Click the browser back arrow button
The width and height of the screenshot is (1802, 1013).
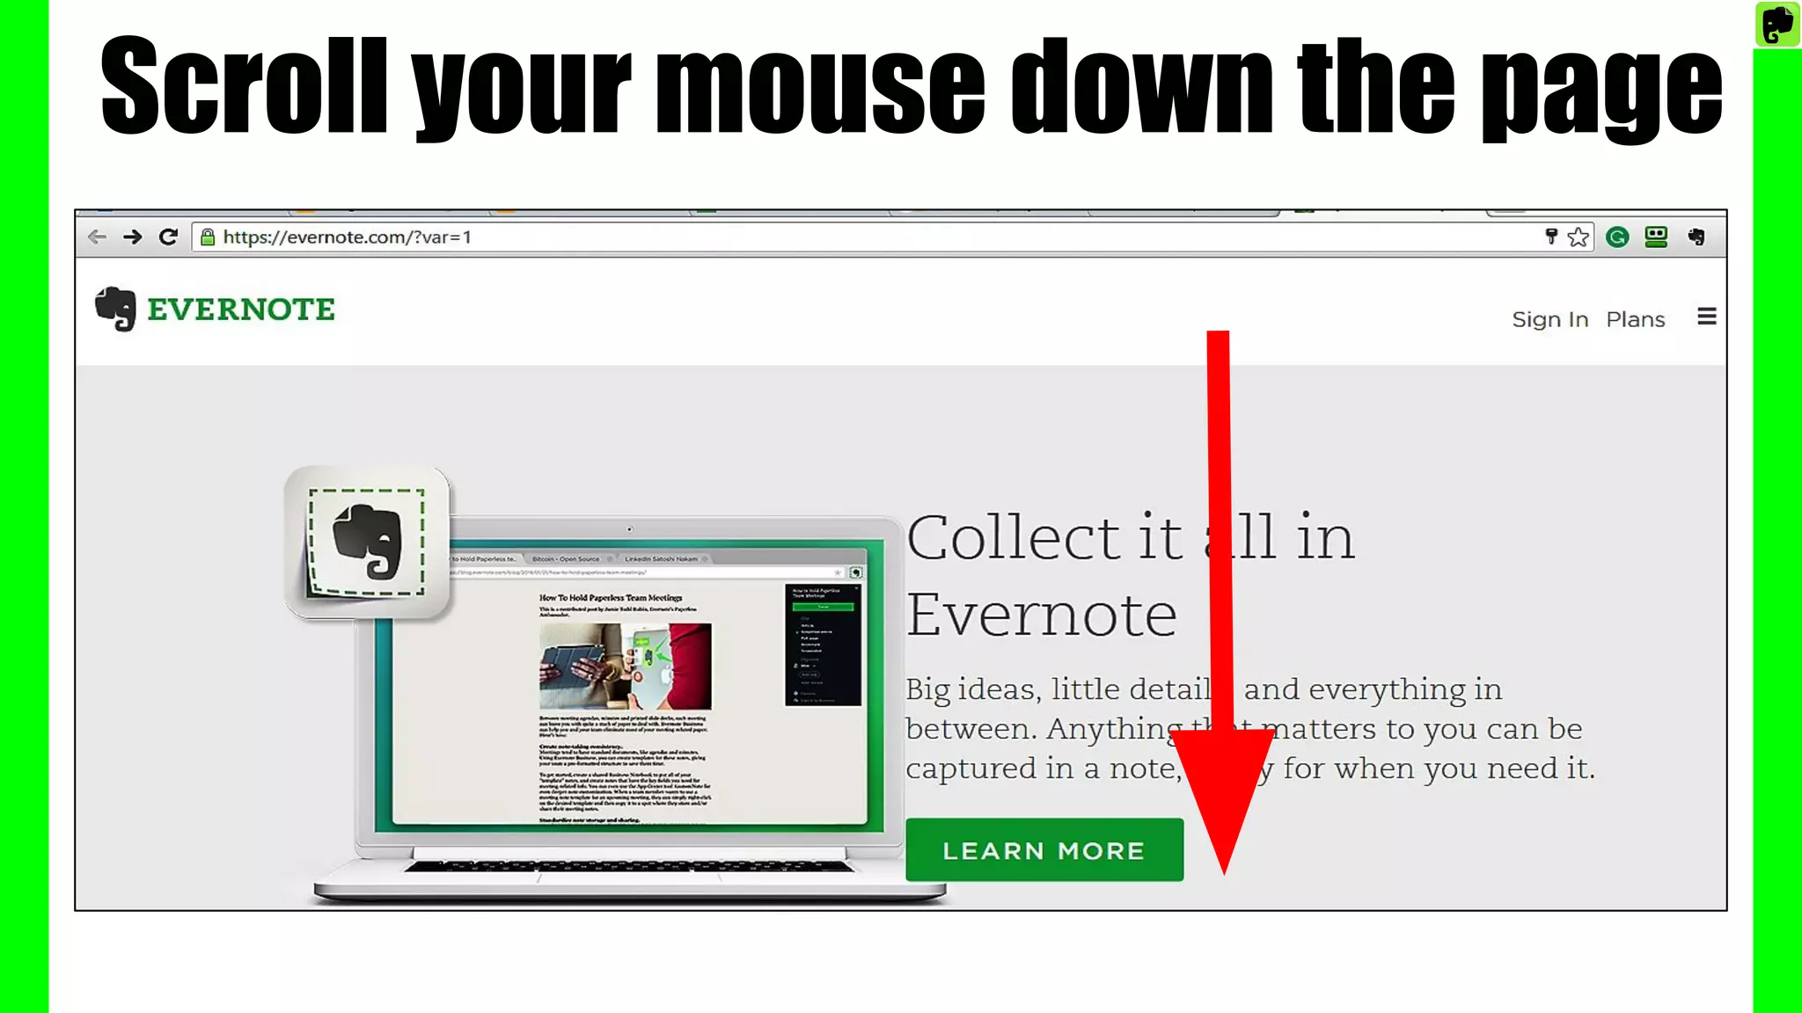pos(97,237)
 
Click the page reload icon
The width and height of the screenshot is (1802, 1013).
pos(168,237)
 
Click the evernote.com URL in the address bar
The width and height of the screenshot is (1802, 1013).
pos(347,237)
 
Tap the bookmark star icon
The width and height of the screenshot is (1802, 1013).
pos(1579,237)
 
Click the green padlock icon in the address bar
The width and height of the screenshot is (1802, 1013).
pos(208,237)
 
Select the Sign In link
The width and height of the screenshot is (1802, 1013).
pos(1549,319)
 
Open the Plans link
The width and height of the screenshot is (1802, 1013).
pos(1635,319)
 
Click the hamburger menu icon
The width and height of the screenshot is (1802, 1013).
pos(1706,317)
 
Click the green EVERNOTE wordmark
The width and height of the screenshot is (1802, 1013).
pos(240,310)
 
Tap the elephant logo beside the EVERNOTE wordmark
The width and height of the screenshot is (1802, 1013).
pos(115,309)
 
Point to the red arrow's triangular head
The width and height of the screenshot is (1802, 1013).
pos(1223,791)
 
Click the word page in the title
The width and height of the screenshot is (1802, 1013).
pos(1601,88)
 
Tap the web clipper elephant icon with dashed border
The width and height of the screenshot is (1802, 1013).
pos(367,543)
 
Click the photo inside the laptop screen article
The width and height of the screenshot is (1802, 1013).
pos(625,666)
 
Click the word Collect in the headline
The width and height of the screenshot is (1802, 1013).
pos(1013,537)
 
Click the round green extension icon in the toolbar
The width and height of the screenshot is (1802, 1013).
pos(1616,237)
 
